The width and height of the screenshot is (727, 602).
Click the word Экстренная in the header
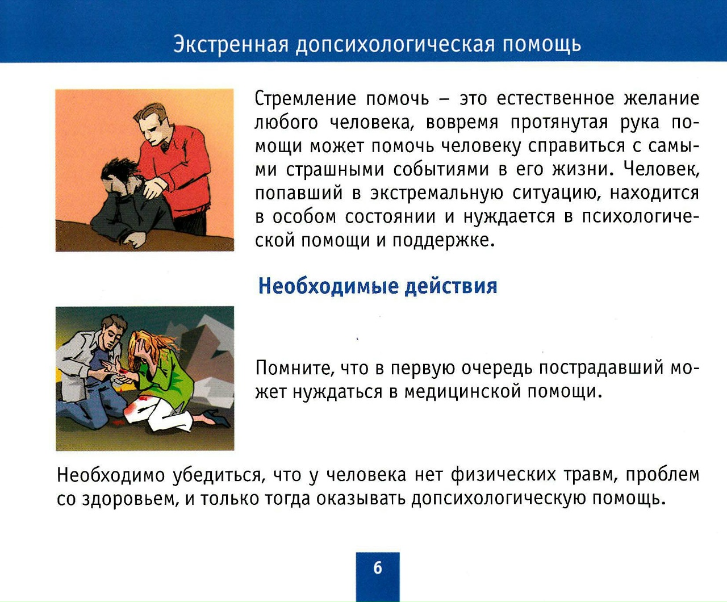(231, 44)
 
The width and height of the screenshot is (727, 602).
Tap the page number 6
(378, 568)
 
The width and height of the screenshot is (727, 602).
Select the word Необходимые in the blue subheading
(328, 286)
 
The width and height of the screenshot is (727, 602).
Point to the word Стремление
(306, 98)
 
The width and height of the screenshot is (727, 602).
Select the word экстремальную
(437, 193)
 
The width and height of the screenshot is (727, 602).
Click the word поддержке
(444, 241)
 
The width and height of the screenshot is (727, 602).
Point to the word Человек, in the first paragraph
(661, 170)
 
